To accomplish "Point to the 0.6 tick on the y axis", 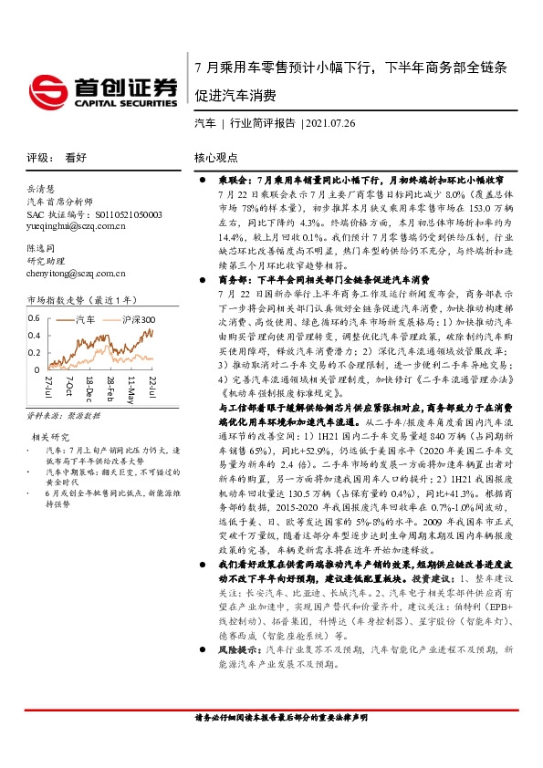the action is (x=34, y=319).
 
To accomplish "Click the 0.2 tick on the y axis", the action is (x=34, y=354).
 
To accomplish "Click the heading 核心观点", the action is (x=216, y=157).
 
